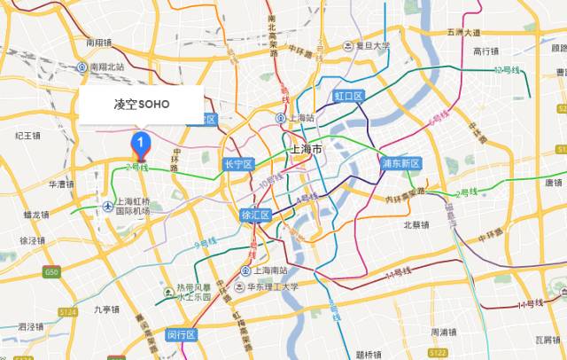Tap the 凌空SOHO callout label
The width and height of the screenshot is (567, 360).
coord(141,105)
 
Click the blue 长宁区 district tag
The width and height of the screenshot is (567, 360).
coord(239,164)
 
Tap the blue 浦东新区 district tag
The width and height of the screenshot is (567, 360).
coord(400,163)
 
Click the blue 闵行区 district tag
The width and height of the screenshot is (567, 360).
coord(181,334)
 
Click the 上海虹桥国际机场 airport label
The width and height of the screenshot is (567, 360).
coord(128,206)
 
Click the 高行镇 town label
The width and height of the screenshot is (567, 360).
coord(487,51)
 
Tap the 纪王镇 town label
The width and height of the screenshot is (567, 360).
coord(29,135)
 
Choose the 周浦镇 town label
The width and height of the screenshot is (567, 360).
coord(444,332)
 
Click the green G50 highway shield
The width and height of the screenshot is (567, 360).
coord(52,271)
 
